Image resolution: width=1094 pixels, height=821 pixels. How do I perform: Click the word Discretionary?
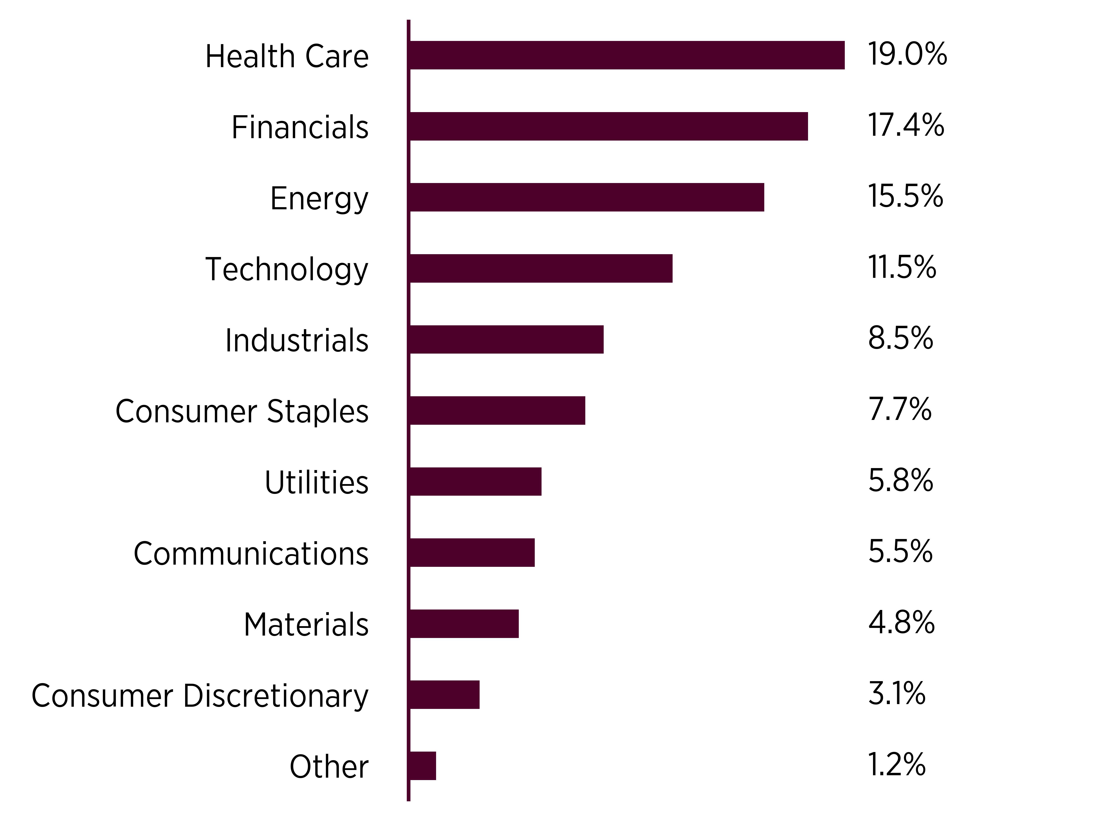(x=276, y=696)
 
